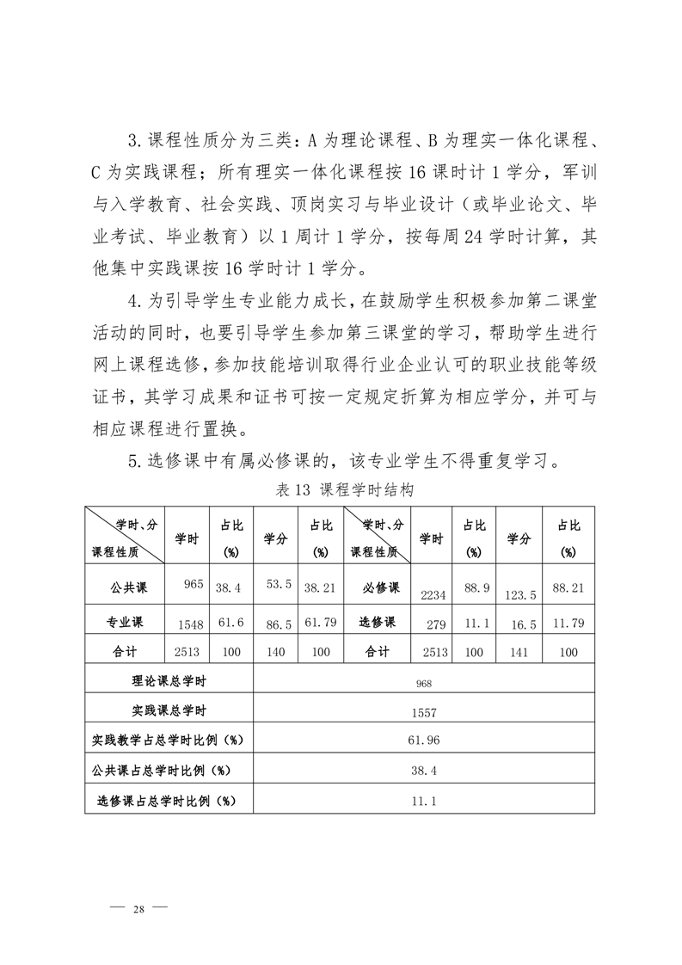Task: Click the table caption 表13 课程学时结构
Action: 341,491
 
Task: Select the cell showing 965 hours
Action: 193,585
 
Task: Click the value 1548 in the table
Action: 191,624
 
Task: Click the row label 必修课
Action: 377,588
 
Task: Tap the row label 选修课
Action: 377,622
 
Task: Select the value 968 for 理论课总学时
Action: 424,684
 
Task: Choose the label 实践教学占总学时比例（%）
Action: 169,741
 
